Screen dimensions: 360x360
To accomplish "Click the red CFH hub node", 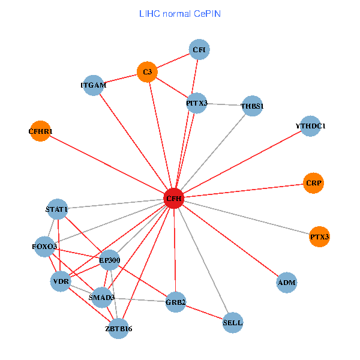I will pyautogui.click(x=173, y=198).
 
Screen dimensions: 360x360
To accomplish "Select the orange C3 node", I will pyautogui.click(x=147, y=73).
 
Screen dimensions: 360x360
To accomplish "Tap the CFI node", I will pyautogui.click(x=199, y=50).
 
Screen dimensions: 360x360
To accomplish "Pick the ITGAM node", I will pyautogui.click(x=93, y=85).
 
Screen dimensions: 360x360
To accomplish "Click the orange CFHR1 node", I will pyautogui.click(x=40, y=131).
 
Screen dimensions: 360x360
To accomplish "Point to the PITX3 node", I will pyautogui.click(x=197, y=103).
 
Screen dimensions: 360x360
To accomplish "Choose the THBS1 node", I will pyautogui.click(x=252, y=106).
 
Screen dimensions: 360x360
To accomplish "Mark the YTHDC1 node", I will pyautogui.click(x=310, y=126).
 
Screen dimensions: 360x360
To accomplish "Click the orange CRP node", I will pyautogui.click(x=314, y=183).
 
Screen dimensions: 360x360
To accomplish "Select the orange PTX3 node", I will pyautogui.click(x=320, y=237).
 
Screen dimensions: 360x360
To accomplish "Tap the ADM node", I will pyautogui.click(x=287, y=282).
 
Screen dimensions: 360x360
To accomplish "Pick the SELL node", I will pyautogui.click(x=233, y=322).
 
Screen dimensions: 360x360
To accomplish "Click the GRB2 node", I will pyautogui.click(x=176, y=302).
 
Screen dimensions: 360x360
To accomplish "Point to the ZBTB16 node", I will pyautogui.click(x=118, y=328).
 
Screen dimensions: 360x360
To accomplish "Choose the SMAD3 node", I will pyautogui.click(x=101, y=297).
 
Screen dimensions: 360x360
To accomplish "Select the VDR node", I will pyautogui.click(x=61, y=281).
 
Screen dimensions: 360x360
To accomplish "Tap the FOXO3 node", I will pyautogui.click(x=45, y=247).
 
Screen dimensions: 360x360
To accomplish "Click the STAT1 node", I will pyautogui.click(x=57, y=209).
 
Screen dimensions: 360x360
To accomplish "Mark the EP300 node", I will pyautogui.click(x=110, y=260).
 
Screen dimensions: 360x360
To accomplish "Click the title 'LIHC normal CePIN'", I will pyautogui.click(x=179, y=13).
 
